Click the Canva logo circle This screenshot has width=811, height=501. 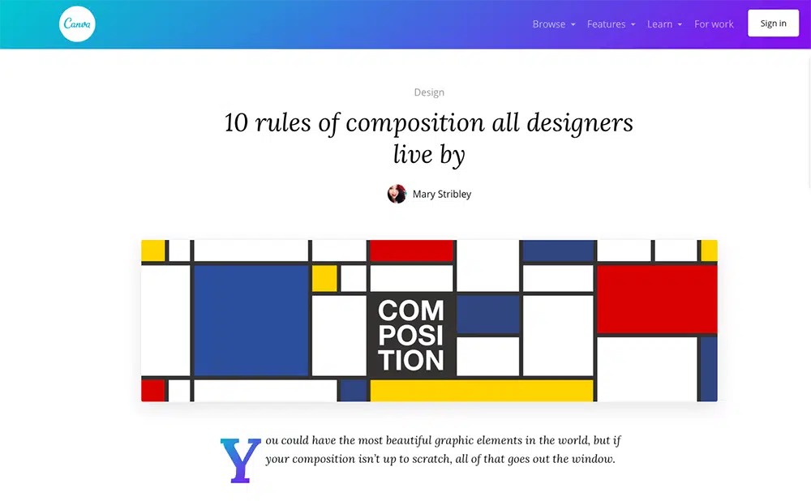tap(77, 24)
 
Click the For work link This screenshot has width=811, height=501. tap(714, 24)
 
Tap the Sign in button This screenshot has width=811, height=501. tap(773, 24)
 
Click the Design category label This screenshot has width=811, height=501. tap(429, 92)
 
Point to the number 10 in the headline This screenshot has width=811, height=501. tap(236, 123)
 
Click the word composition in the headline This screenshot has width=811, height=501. tap(415, 124)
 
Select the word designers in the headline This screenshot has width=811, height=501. tap(580, 123)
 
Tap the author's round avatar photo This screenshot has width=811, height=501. tap(397, 194)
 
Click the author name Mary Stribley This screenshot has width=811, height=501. tap(442, 194)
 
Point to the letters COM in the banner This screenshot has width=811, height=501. tap(410, 310)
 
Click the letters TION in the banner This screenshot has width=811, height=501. tap(410, 361)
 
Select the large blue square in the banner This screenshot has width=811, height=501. tap(251, 320)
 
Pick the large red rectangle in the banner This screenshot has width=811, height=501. tap(657, 300)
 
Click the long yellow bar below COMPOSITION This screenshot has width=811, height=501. tap(482, 391)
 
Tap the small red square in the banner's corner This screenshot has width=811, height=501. tap(153, 391)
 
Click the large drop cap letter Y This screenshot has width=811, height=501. tap(241, 460)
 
